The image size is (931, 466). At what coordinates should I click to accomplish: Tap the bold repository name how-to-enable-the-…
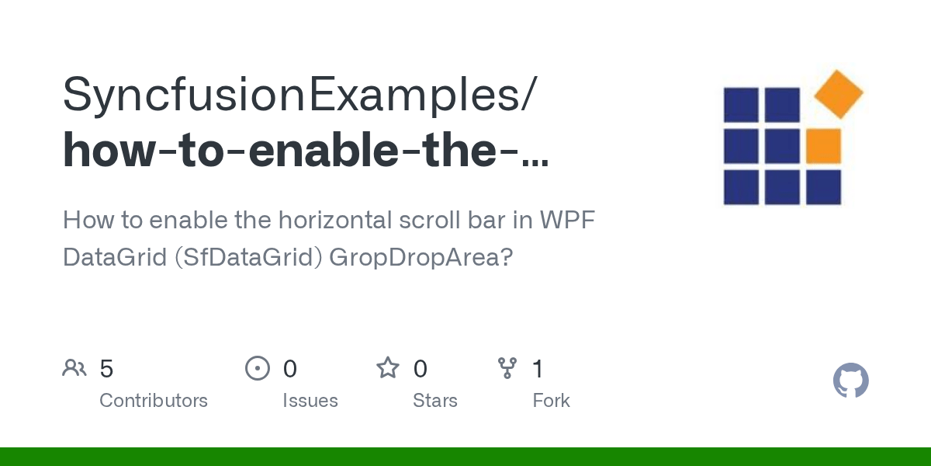coord(306,151)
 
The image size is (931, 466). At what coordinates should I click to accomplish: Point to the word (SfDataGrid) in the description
coord(247,256)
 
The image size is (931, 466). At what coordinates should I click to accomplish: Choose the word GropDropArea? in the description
coord(421,256)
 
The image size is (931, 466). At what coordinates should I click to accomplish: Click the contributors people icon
coord(74,368)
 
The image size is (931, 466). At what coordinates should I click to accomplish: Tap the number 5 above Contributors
coord(107,368)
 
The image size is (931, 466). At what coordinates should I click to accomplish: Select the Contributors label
coord(154,401)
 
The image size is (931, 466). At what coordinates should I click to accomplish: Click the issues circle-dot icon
coord(257,368)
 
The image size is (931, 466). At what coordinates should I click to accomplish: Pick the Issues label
coord(310,401)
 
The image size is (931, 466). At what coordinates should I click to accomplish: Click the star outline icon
coord(387,368)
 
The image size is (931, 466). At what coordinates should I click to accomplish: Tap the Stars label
coord(435,401)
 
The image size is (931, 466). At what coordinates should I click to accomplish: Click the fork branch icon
coord(507,368)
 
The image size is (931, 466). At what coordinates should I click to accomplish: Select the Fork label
coord(551,401)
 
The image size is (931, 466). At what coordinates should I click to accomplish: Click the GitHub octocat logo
coord(850,381)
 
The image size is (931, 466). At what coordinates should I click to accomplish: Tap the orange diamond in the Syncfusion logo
coord(839,94)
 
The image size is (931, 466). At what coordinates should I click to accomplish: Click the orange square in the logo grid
coord(823,146)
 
